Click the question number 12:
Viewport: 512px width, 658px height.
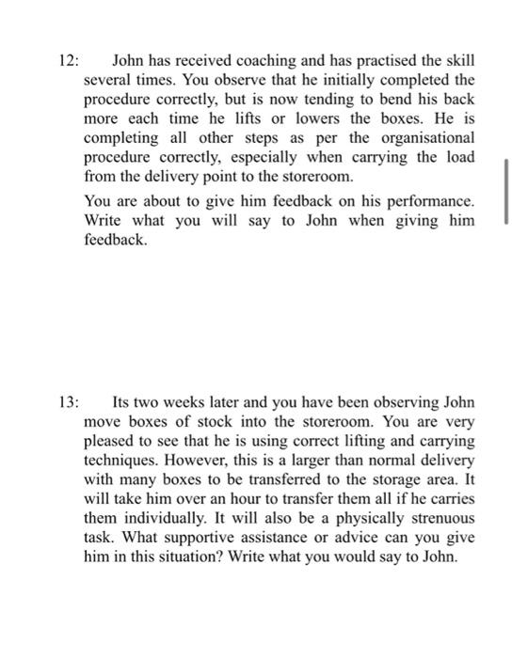pyautogui.click(x=68, y=61)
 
